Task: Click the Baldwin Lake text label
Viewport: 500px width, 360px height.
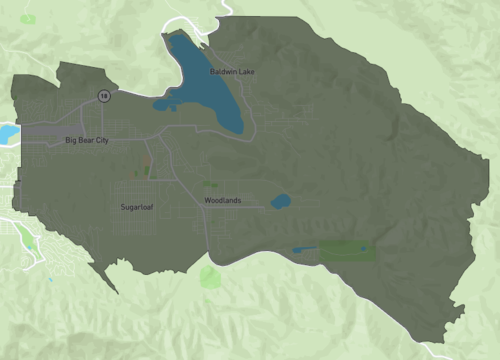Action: point(232,72)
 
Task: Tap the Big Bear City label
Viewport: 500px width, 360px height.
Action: point(86,140)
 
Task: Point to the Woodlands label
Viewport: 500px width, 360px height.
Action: point(222,201)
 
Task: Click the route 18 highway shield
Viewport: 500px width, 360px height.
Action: point(102,95)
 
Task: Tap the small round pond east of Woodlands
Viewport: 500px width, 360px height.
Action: point(280,201)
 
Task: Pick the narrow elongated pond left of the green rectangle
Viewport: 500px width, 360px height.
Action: point(304,249)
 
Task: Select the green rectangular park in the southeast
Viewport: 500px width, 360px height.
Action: point(347,250)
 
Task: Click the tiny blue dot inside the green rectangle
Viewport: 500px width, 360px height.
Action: point(363,248)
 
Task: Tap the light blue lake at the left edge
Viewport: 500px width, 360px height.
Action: point(8,133)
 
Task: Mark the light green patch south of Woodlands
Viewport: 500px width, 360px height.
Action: point(210,276)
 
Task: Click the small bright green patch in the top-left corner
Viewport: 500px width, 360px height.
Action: point(27,19)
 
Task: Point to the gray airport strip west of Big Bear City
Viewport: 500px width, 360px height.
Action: point(45,130)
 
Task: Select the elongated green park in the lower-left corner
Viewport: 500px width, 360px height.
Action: point(24,238)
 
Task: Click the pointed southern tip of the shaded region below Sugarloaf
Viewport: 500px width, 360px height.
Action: point(114,291)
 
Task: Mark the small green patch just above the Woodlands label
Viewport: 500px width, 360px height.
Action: point(209,184)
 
